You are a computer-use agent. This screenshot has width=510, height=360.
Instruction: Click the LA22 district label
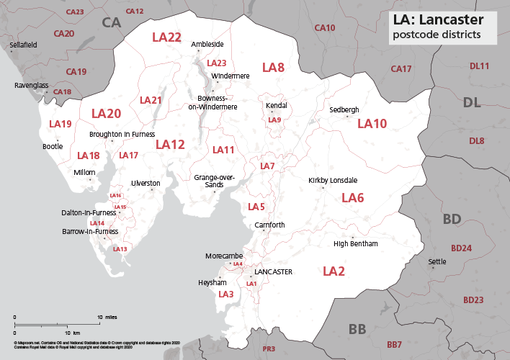click(166, 37)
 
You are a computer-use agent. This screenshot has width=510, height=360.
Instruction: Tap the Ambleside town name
click(207, 45)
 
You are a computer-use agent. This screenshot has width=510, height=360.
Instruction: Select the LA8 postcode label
click(273, 68)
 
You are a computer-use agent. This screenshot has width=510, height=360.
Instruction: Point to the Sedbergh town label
click(344, 110)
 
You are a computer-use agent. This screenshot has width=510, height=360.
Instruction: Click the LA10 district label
click(372, 124)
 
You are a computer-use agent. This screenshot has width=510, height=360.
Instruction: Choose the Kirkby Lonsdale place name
click(333, 180)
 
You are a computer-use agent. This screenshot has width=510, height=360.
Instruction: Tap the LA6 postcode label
click(352, 198)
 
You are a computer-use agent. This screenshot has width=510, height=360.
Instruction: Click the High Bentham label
click(356, 244)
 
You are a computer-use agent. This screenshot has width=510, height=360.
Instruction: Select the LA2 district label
click(334, 271)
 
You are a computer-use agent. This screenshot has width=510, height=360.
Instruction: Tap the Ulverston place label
click(145, 184)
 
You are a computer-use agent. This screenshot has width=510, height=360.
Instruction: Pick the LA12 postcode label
click(171, 145)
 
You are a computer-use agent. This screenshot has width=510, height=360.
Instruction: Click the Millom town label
click(84, 173)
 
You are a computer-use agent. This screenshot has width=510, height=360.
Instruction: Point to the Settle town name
click(437, 261)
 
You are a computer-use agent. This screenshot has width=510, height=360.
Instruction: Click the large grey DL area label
click(472, 103)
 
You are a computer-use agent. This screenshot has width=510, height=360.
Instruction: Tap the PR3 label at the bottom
click(269, 349)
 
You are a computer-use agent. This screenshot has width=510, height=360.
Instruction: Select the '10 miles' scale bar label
click(107, 317)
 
